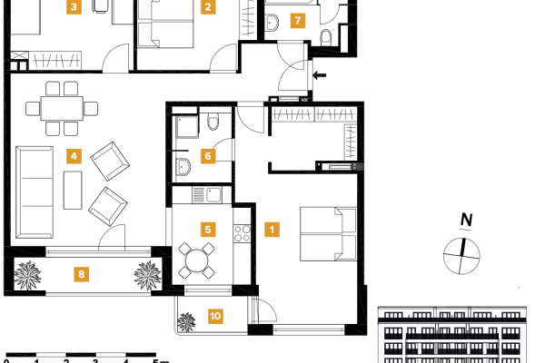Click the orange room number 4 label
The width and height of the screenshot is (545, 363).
74,155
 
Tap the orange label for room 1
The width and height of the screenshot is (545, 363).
271,231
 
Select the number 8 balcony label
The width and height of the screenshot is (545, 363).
82,272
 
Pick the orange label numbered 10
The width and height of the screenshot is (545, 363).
215,316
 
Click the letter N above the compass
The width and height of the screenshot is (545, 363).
466,220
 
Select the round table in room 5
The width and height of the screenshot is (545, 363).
196,260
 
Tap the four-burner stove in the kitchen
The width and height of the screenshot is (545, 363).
242,233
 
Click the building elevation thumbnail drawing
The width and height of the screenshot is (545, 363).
451,335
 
